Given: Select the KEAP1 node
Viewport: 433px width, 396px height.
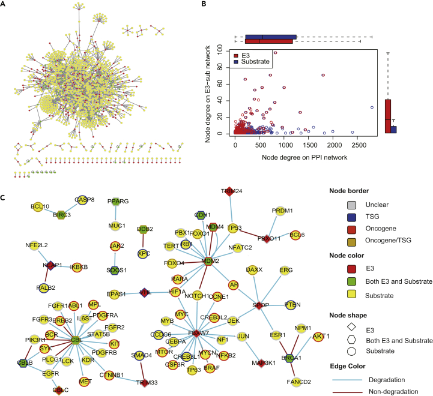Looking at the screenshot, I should tap(50, 265).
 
